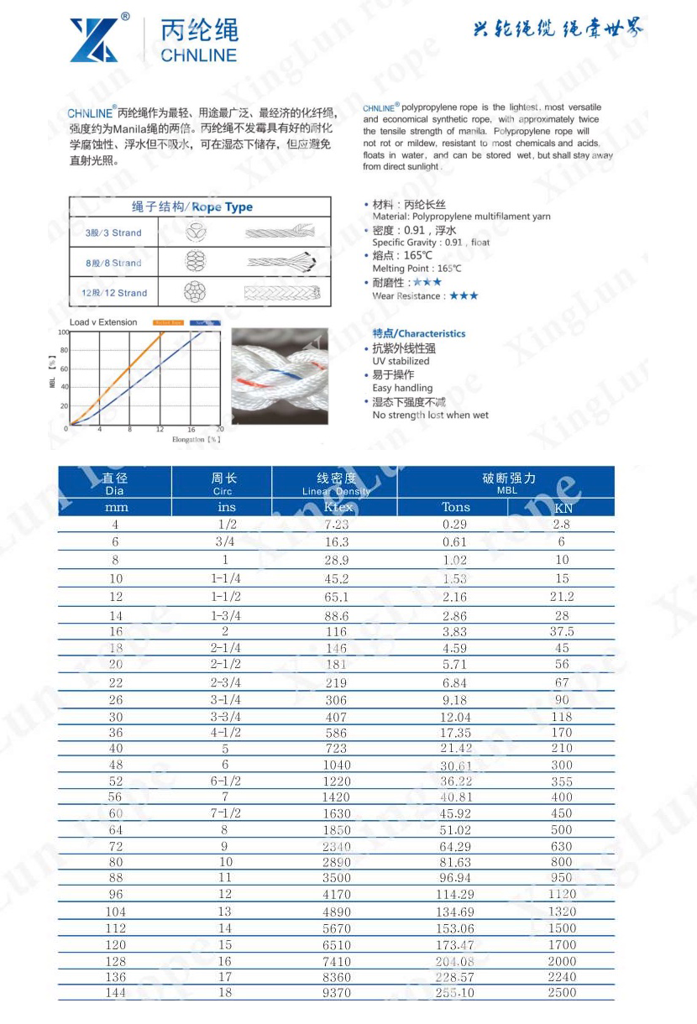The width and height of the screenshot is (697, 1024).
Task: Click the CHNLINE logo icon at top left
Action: (94, 40)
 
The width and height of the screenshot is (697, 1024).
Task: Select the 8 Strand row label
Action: (113, 263)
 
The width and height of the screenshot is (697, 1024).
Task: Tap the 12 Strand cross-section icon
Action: (196, 293)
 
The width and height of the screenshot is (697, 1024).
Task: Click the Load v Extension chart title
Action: (103, 322)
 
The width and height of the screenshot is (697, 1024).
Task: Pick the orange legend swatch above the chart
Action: (168, 322)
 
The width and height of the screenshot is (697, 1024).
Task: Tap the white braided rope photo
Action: (280, 376)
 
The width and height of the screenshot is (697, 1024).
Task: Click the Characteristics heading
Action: (418, 333)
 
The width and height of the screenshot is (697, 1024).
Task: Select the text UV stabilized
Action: (401, 361)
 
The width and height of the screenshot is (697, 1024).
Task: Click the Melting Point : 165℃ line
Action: (417, 269)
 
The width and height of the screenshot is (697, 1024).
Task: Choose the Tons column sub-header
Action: (456, 507)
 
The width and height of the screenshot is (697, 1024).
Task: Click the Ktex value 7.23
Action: (336, 525)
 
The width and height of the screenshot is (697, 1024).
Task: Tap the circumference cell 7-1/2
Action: (224, 813)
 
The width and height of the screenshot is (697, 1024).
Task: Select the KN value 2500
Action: (562, 993)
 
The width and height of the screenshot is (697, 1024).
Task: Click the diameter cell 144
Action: (116, 993)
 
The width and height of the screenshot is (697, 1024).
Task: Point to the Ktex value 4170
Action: (336, 895)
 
